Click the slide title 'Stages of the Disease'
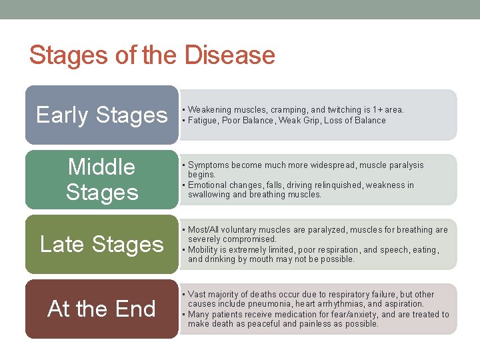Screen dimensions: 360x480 point(152,55)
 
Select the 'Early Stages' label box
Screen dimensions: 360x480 point(102,115)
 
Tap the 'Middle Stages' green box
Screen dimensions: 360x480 point(102,179)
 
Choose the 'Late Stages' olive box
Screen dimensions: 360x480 point(102,244)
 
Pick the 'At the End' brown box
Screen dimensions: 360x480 point(102,309)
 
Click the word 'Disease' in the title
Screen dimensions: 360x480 point(230,55)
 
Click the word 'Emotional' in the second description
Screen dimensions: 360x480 point(208,185)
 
